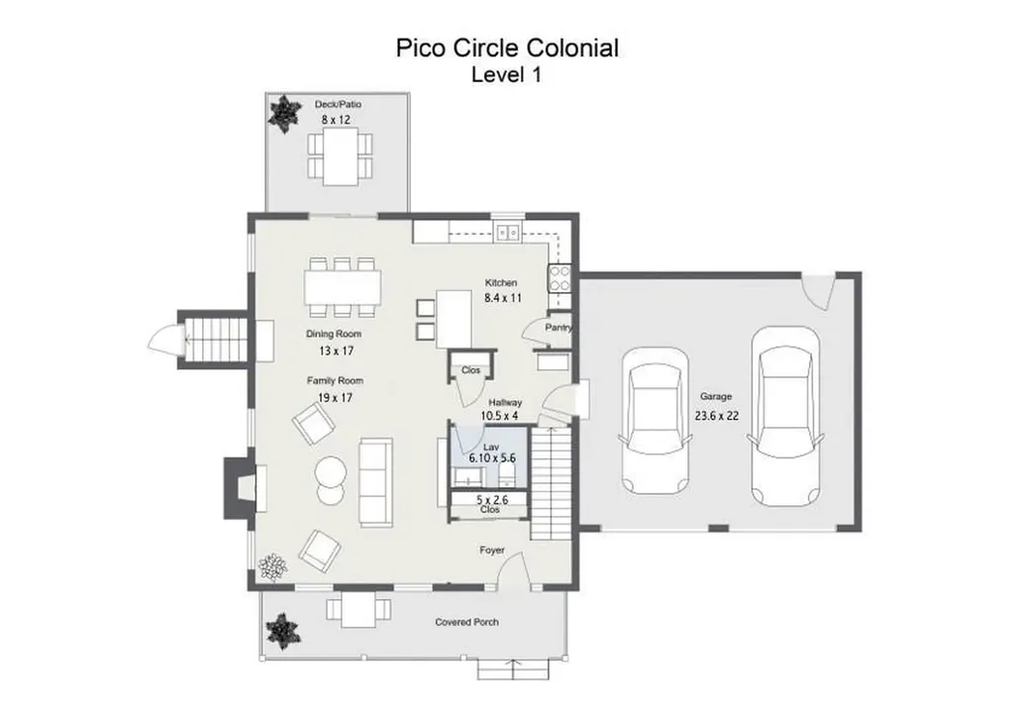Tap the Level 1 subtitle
(506, 74)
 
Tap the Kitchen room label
(501, 283)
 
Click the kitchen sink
(508, 233)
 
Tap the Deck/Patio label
(335, 104)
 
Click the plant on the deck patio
(285, 111)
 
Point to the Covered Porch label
(466, 622)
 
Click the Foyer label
(492, 550)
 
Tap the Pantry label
(558, 328)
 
